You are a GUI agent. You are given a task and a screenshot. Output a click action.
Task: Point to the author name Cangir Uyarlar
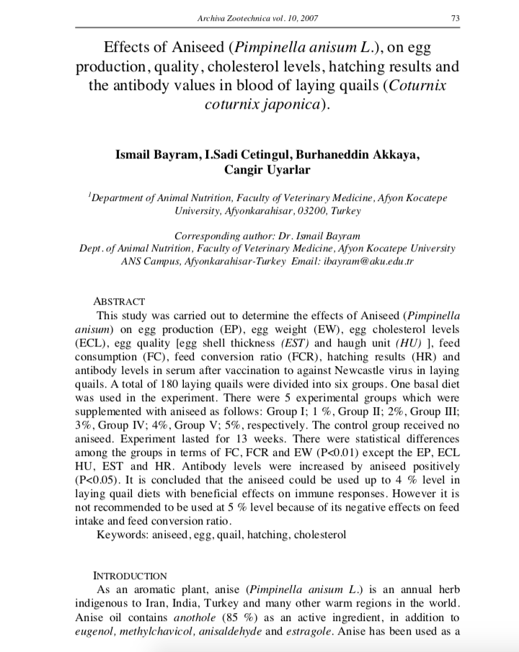[x=259, y=170]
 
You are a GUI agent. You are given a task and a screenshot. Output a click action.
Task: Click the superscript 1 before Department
[x=89, y=194]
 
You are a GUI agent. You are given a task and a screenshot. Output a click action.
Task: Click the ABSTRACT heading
[x=120, y=301]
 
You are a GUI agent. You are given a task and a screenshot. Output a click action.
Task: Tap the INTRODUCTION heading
[x=130, y=576]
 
